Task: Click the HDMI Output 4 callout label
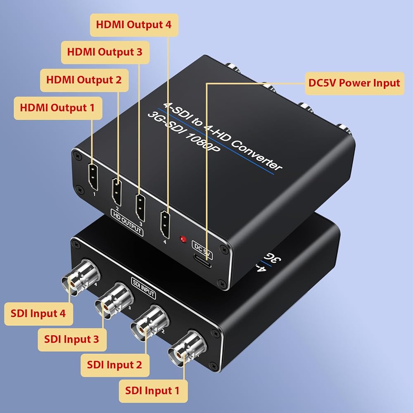[134, 25]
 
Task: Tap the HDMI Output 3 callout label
[105, 52]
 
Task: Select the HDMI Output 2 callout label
[84, 80]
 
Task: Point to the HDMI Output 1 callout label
[58, 108]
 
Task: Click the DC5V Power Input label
[354, 83]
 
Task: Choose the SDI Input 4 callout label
[38, 314]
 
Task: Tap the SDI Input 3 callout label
[72, 339]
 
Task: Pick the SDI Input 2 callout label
[115, 365]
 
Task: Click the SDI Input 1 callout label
[153, 391]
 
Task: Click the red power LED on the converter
[183, 240]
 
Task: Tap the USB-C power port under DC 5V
[202, 261]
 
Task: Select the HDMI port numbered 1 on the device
[93, 177]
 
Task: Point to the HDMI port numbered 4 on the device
[165, 224]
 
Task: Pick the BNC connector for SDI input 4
[81, 278]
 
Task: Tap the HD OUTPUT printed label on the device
[127, 223]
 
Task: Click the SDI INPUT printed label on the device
[143, 288]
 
